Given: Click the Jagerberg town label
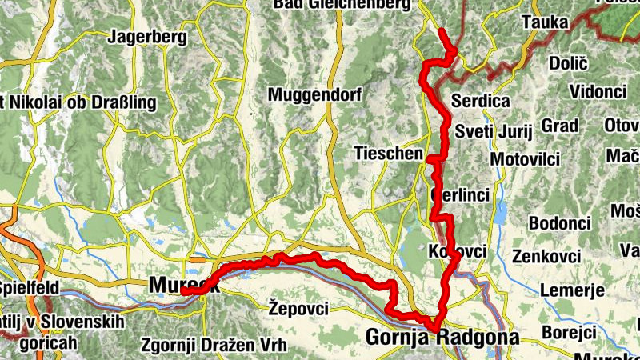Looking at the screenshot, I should [x=147, y=37].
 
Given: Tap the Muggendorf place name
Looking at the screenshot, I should [x=315, y=95].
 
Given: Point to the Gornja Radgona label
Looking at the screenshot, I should [x=442, y=338].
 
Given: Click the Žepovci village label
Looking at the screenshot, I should [x=299, y=307].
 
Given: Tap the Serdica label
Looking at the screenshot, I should [x=481, y=102].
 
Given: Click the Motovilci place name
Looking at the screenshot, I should [x=524, y=159].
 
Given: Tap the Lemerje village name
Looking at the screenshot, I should [x=572, y=290].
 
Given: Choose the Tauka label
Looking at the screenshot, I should [x=544, y=23].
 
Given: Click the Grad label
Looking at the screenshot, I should [x=559, y=126].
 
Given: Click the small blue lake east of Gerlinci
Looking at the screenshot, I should [x=501, y=214].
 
